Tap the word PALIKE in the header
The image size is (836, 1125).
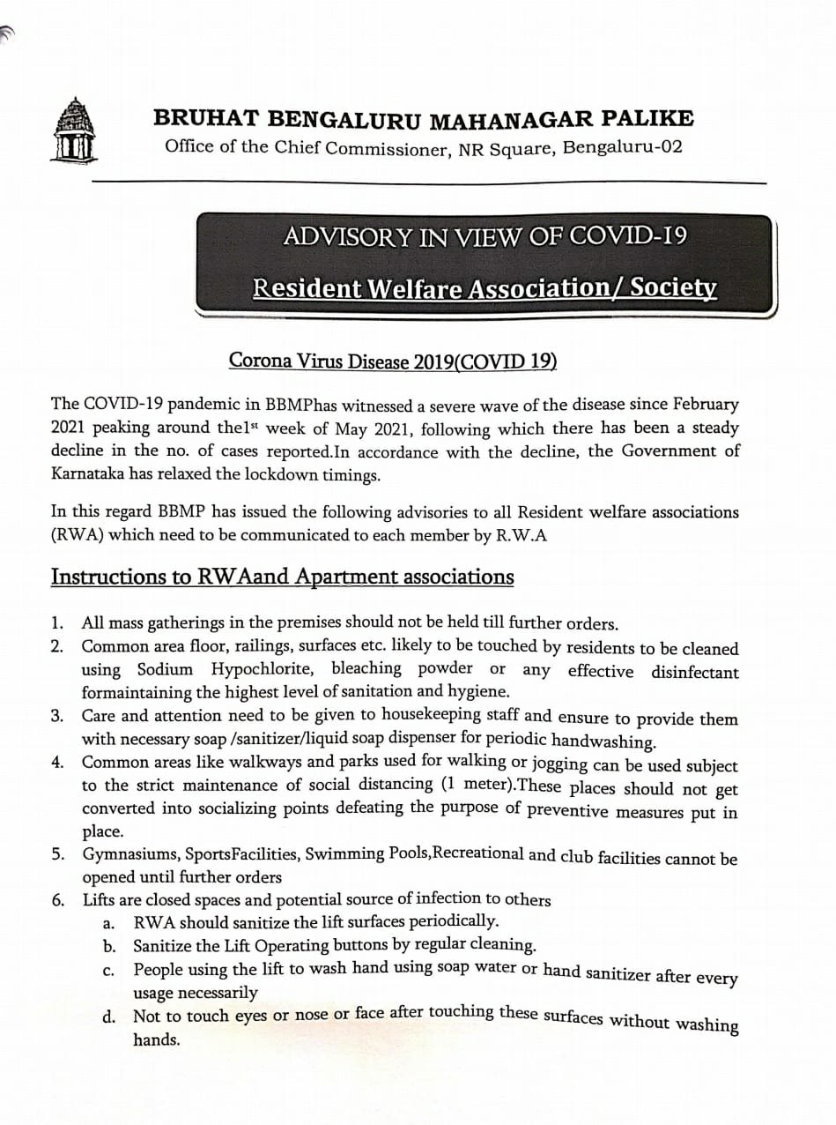pos(650,117)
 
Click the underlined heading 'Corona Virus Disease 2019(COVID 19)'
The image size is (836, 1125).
pos(393,361)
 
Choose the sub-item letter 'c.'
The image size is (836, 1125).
pos(108,972)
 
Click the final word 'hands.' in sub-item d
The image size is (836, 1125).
pos(156,1040)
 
